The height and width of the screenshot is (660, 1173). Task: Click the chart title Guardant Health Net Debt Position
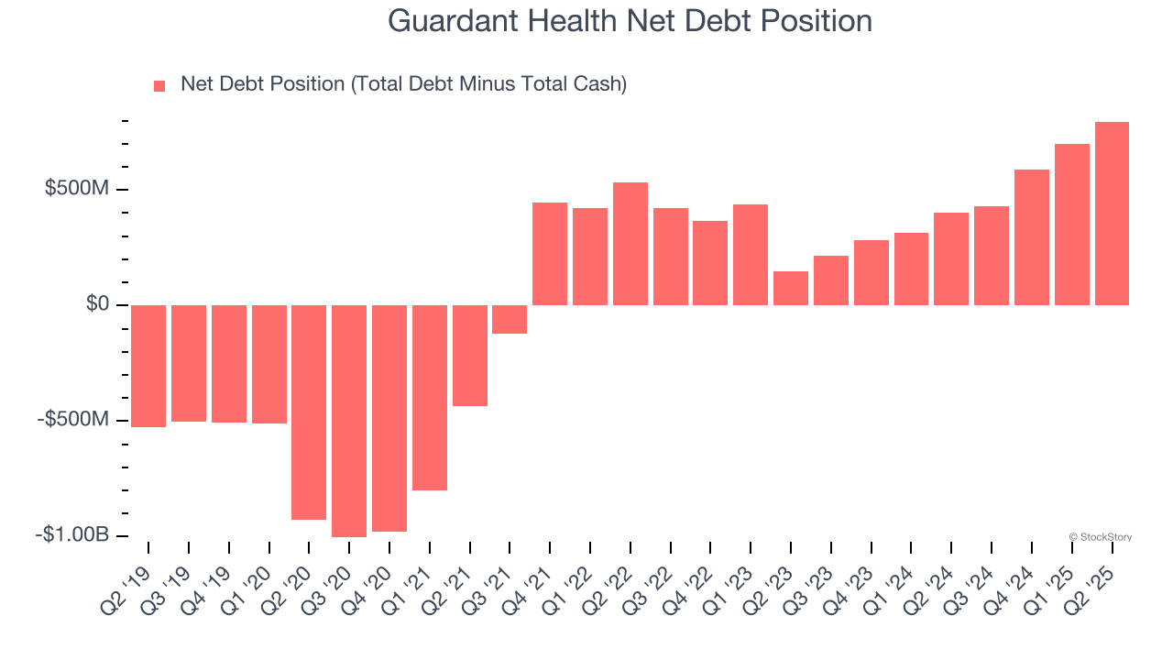click(630, 20)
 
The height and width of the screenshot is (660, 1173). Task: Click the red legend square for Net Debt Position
click(159, 85)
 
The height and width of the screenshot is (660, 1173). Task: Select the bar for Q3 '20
click(349, 420)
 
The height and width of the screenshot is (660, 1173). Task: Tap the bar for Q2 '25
click(1112, 213)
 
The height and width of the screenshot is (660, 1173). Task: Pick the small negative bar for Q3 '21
click(510, 319)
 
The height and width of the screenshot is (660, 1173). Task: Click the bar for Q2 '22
click(630, 243)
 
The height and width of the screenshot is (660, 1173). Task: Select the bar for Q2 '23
click(791, 288)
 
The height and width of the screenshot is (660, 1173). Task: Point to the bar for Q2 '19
click(148, 366)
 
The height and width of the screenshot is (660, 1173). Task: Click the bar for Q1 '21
click(430, 397)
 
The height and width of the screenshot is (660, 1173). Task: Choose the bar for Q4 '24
click(1032, 236)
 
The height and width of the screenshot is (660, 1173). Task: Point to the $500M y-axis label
click(77, 189)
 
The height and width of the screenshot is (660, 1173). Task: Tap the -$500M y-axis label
click(73, 420)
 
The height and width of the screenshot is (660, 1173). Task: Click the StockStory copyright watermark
click(1100, 537)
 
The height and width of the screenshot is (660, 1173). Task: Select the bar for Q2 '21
click(470, 355)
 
